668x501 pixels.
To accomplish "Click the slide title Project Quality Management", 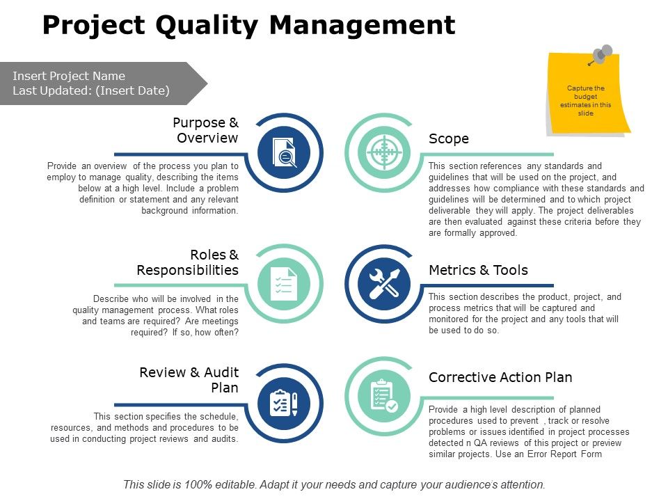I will coord(248,26).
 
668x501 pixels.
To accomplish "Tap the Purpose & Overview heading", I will coord(205,130).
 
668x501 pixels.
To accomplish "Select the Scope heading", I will coord(449,138).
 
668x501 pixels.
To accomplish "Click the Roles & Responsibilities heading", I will coord(188,262).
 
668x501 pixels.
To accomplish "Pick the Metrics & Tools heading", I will coord(478,270).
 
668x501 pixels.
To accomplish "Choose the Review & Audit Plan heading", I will coord(189,380).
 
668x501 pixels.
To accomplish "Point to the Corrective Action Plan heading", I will coord(500,377).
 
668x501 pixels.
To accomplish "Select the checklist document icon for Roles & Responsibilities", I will coord(283,283).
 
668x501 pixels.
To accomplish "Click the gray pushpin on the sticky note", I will coord(602,54).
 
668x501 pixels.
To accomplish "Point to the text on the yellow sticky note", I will coord(586,101).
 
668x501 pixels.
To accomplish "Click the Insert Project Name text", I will coord(69,76).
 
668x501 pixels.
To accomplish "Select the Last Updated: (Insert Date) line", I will coord(91,90).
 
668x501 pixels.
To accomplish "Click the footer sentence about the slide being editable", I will coord(334,484).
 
